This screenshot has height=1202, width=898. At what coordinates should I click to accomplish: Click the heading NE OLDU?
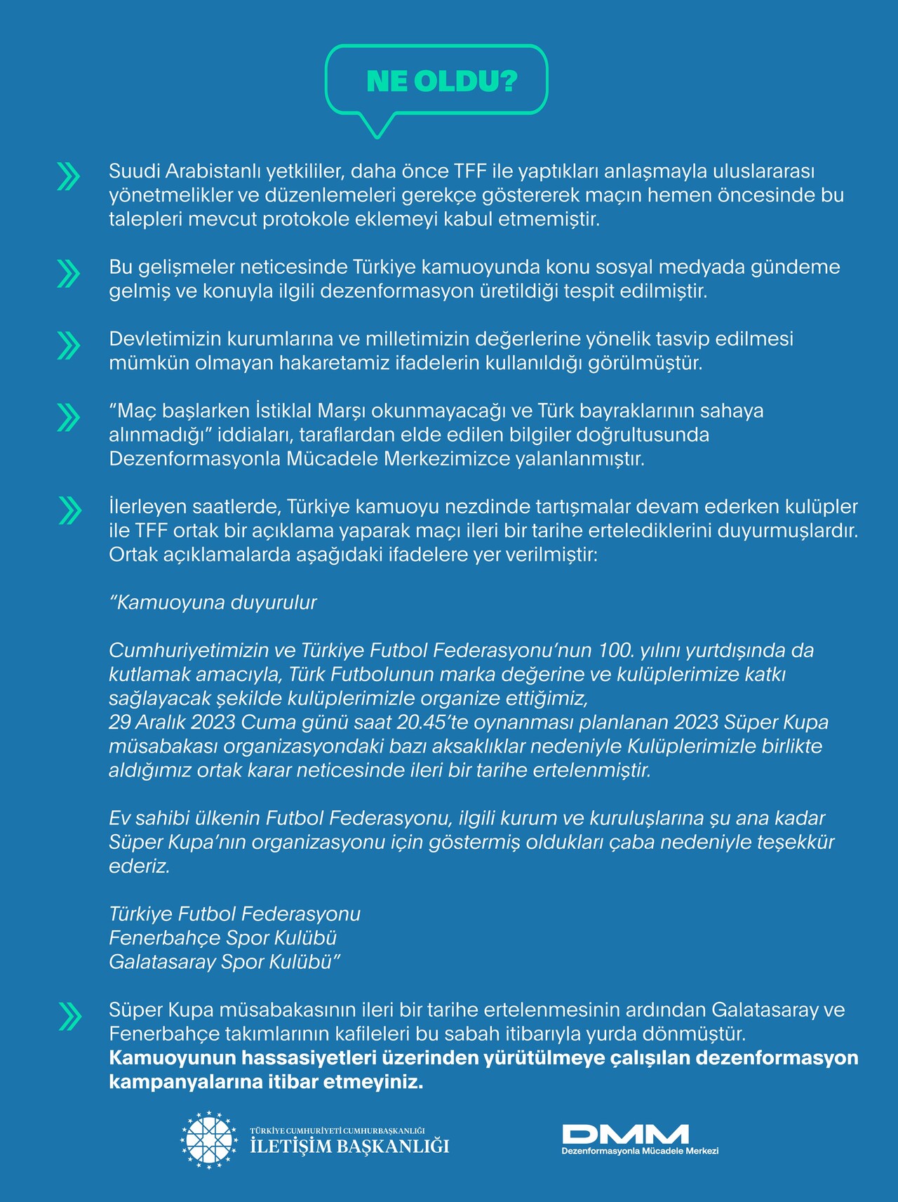[x=441, y=81]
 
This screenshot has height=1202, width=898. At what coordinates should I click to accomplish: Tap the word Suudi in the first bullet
[x=131, y=171]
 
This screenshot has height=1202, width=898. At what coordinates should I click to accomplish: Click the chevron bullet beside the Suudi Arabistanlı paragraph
[x=68, y=176]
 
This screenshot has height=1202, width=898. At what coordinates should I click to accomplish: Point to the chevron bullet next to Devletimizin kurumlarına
[x=68, y=345]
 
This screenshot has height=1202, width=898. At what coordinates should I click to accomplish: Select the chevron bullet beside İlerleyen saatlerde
[x=69, y=510]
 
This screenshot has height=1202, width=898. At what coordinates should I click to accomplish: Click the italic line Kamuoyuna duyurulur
[x=213, y=602]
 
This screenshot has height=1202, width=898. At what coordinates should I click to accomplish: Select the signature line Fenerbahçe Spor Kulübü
[x=223, y=938]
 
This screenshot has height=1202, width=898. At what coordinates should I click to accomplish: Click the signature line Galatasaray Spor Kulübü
[x=223, y=962]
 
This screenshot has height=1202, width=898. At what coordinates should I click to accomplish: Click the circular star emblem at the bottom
[x=209, y=1140]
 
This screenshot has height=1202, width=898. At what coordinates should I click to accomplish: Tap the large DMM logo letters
[x=625, y=1134]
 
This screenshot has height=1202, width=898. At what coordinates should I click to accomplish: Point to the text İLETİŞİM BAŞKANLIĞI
[x=349, y=1147]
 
